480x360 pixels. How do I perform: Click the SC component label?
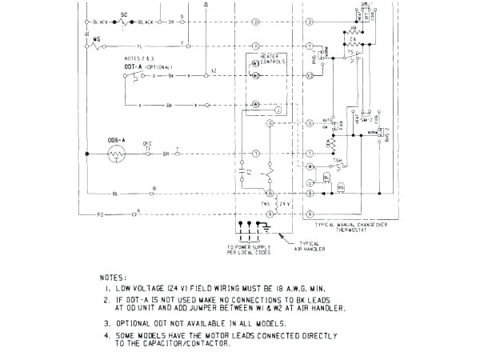pos(124,14)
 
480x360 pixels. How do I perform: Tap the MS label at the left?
pos(97,38)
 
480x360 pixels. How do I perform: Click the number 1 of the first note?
pos(106,287)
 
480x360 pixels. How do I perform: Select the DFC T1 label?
pos(147,145)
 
